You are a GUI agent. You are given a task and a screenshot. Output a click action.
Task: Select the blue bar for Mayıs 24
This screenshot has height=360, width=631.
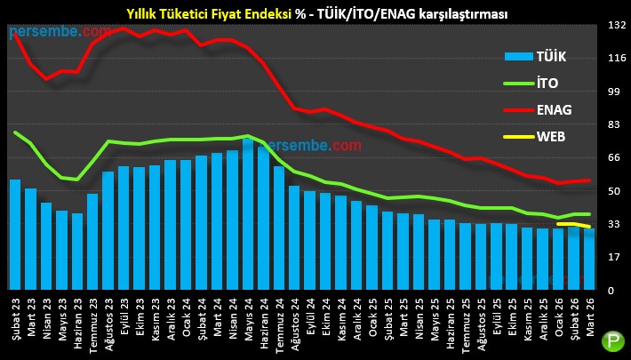(248, 214)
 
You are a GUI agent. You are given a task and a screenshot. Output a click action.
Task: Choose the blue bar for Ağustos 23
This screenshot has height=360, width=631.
(108, 231)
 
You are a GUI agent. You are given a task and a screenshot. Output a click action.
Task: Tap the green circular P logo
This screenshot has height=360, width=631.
(613, 341)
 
